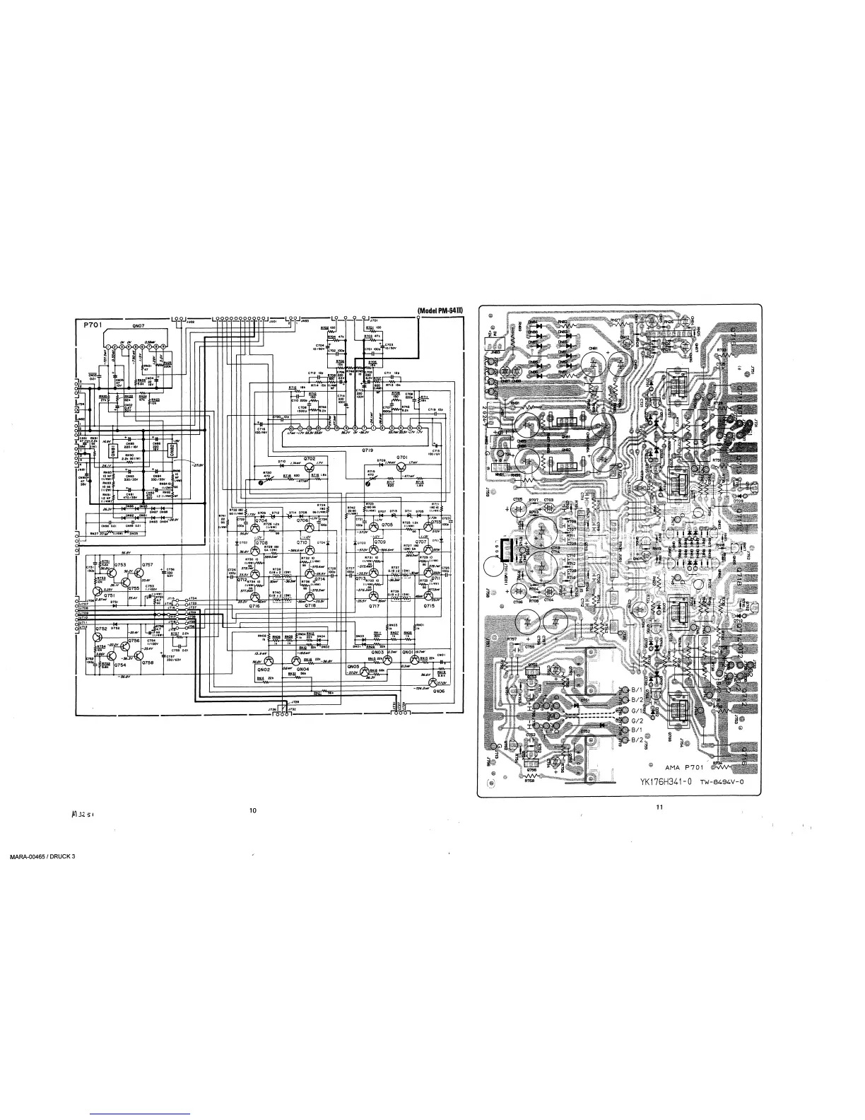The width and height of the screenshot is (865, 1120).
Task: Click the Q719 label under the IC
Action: [367, 450]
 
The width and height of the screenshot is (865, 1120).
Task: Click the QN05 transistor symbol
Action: [365, 669]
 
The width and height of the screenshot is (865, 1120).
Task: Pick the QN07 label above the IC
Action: [137, 326]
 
